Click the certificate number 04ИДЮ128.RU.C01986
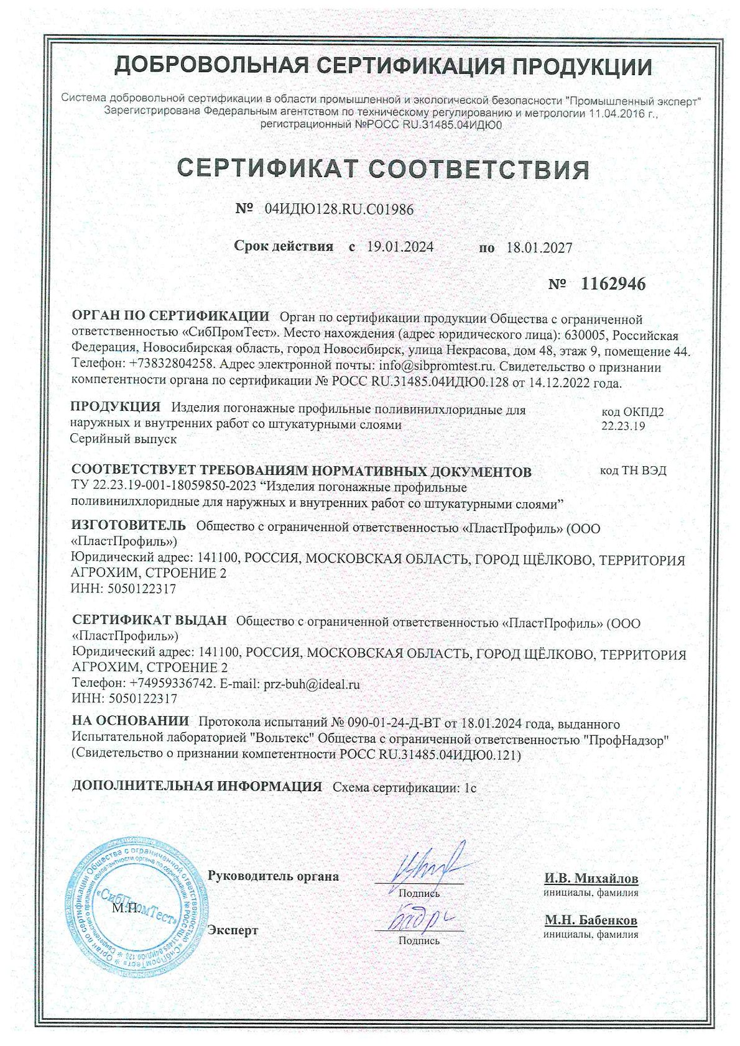[339, 209]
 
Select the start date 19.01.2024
[400, 247]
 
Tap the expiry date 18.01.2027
[539, 247]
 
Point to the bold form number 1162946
[613, 284]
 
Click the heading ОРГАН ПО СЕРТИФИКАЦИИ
[171, 316]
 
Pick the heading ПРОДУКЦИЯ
[116, 408]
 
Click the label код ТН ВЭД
[633, 470]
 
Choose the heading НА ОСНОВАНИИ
[131, 722]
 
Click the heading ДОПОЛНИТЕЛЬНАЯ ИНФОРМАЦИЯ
[197, 786]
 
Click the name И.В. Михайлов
[591, 878]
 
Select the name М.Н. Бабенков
[591, 920]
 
